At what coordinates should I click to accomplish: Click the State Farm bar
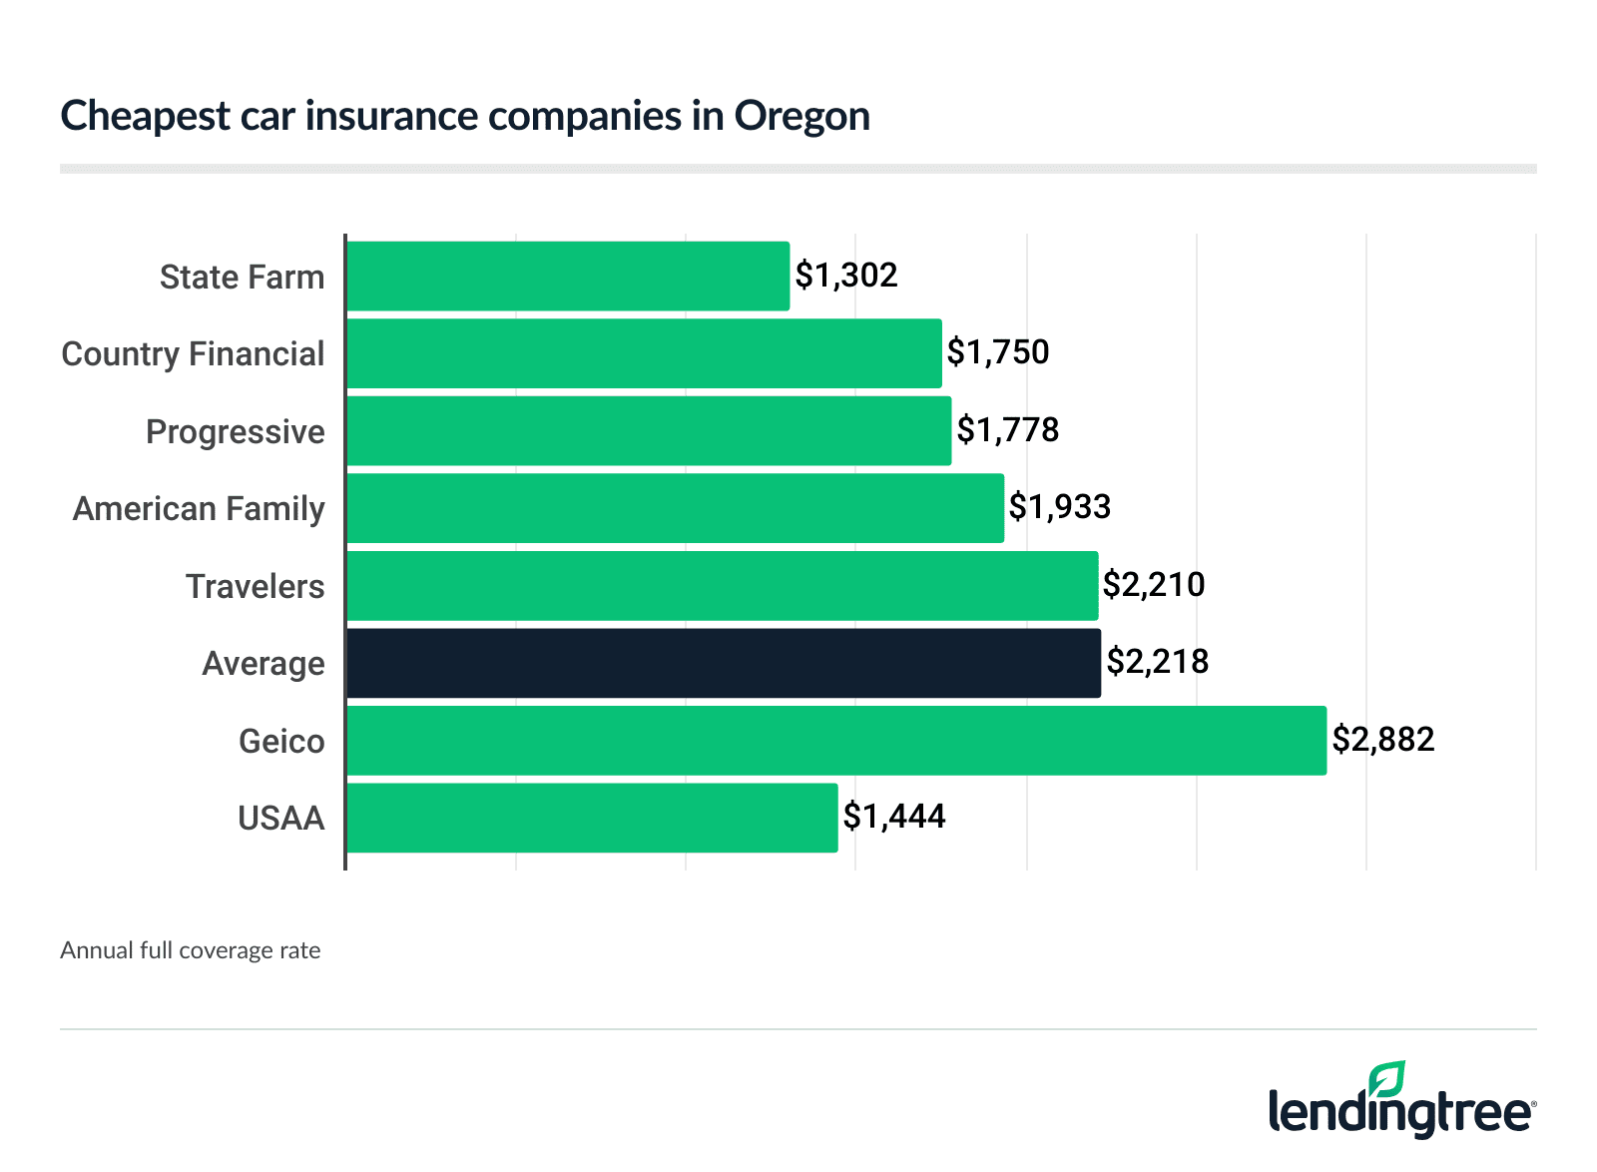tap(567, 276)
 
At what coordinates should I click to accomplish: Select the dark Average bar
tap(723, 663)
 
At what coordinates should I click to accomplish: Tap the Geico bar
tap(835, 740)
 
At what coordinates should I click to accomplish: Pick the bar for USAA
tap(591, 818)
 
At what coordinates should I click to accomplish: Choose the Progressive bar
tap(648, 430)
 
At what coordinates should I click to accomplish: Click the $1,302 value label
tap(846, 275)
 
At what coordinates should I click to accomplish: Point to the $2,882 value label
tap(1383, 739)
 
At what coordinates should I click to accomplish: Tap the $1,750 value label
tap(998, 351)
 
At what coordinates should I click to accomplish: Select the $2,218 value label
tap(1158, 661)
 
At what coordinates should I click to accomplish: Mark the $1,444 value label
tap(894, 816)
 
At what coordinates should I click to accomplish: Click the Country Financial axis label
tap(193, 353)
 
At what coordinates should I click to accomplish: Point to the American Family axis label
tap(199, 508)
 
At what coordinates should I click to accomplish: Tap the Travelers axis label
tap(255, 586)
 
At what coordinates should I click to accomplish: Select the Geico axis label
tap(281, 741)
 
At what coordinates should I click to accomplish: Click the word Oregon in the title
tap(802, 117)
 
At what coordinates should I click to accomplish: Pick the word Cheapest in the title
tap(146, 117)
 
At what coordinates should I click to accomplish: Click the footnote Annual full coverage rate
tap(190, 950)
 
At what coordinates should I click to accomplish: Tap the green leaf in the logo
tap(1386, 1079)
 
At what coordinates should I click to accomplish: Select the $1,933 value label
tap(1060, 506)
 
